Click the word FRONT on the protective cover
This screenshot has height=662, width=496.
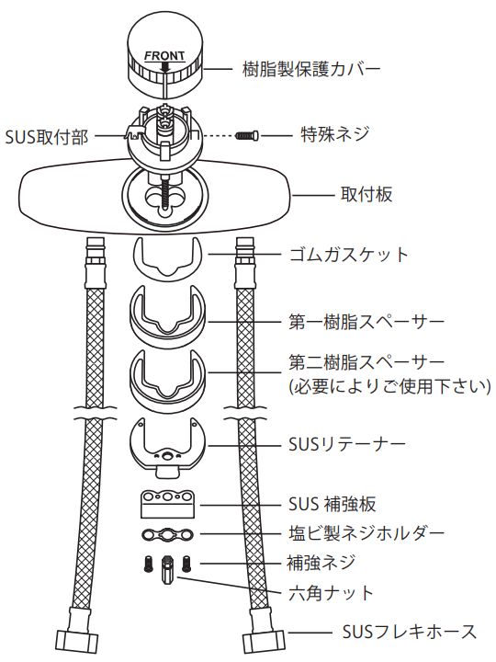(x=164, y=56)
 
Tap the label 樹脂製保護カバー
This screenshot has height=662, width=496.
(x=311, y=69)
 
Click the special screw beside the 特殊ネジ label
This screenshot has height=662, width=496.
(x=247, y=135)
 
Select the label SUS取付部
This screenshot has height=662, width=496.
(x=47, y=137)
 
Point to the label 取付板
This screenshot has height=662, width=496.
(x=366, y=195)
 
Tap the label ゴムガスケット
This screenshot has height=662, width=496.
(x=349, y=255)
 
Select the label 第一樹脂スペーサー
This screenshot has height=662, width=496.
(x=366, y=322)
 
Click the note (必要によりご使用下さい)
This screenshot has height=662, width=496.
(x=389, y=386)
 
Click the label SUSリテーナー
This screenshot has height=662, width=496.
(x=346, y=444)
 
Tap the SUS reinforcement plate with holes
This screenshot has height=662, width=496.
(x=167, y=505)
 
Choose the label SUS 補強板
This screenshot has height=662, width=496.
(x=333, y=504)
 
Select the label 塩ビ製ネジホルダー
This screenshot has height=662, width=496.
(x=366, y=533)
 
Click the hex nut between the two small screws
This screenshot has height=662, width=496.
(x=167, y=569)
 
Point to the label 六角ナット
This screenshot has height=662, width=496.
(x=331, y=593)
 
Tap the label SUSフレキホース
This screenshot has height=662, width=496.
(x=409, y=632)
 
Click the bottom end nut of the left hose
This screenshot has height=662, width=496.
(x=77, y=641)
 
